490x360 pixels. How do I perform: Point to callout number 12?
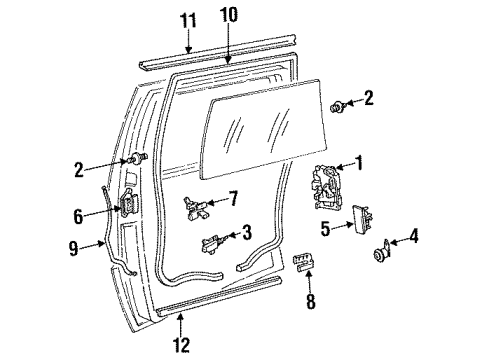[x=180, y=345]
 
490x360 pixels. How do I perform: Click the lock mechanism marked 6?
[x=129, y=207]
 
